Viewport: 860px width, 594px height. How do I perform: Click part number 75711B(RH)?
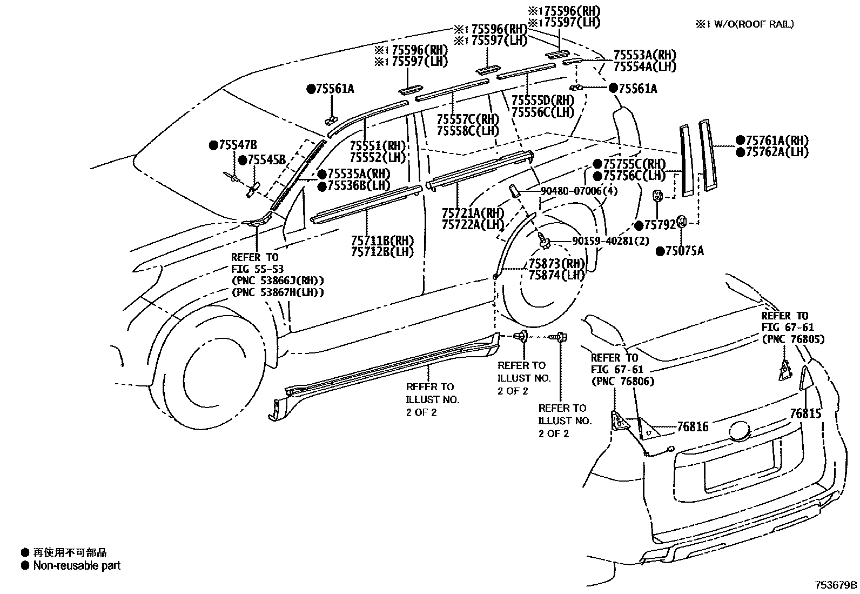click(382, 241)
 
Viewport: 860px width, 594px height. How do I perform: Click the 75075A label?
click(684, 251)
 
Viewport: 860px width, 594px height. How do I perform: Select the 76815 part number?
click(805, 413)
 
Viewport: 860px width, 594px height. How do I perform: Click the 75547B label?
click(238, 145)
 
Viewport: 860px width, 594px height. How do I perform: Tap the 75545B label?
click(266, 160)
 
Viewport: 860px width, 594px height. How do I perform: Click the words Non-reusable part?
click(77, 565)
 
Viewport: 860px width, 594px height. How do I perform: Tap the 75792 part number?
click(660, 225)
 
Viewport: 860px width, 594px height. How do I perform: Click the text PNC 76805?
click(793, 339)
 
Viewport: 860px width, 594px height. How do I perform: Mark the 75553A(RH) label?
click(644, 55)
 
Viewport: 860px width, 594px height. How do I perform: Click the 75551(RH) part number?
click(377, 145)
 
